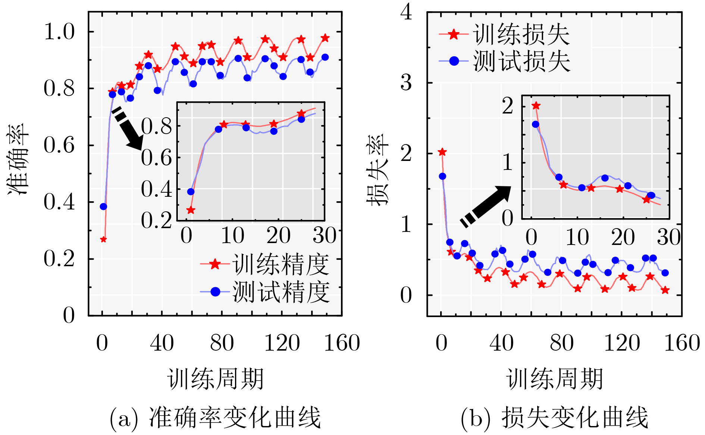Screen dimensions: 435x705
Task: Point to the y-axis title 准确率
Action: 18,159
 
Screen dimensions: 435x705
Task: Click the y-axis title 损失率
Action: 377,170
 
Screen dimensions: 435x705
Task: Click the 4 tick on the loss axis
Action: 406,12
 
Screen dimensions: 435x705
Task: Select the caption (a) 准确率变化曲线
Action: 216,417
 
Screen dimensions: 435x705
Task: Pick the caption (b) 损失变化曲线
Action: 555,417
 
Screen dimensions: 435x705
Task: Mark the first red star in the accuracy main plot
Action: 104,239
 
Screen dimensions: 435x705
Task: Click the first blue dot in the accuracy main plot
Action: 103,206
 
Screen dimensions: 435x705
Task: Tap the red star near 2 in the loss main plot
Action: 442,152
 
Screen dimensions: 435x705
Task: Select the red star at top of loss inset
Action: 536,106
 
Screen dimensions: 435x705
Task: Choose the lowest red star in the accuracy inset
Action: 191,210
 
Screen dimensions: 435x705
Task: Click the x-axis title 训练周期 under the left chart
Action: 216,379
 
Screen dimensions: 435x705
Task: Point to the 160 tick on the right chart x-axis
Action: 682,343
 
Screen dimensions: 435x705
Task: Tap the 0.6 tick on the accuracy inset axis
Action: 156,158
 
